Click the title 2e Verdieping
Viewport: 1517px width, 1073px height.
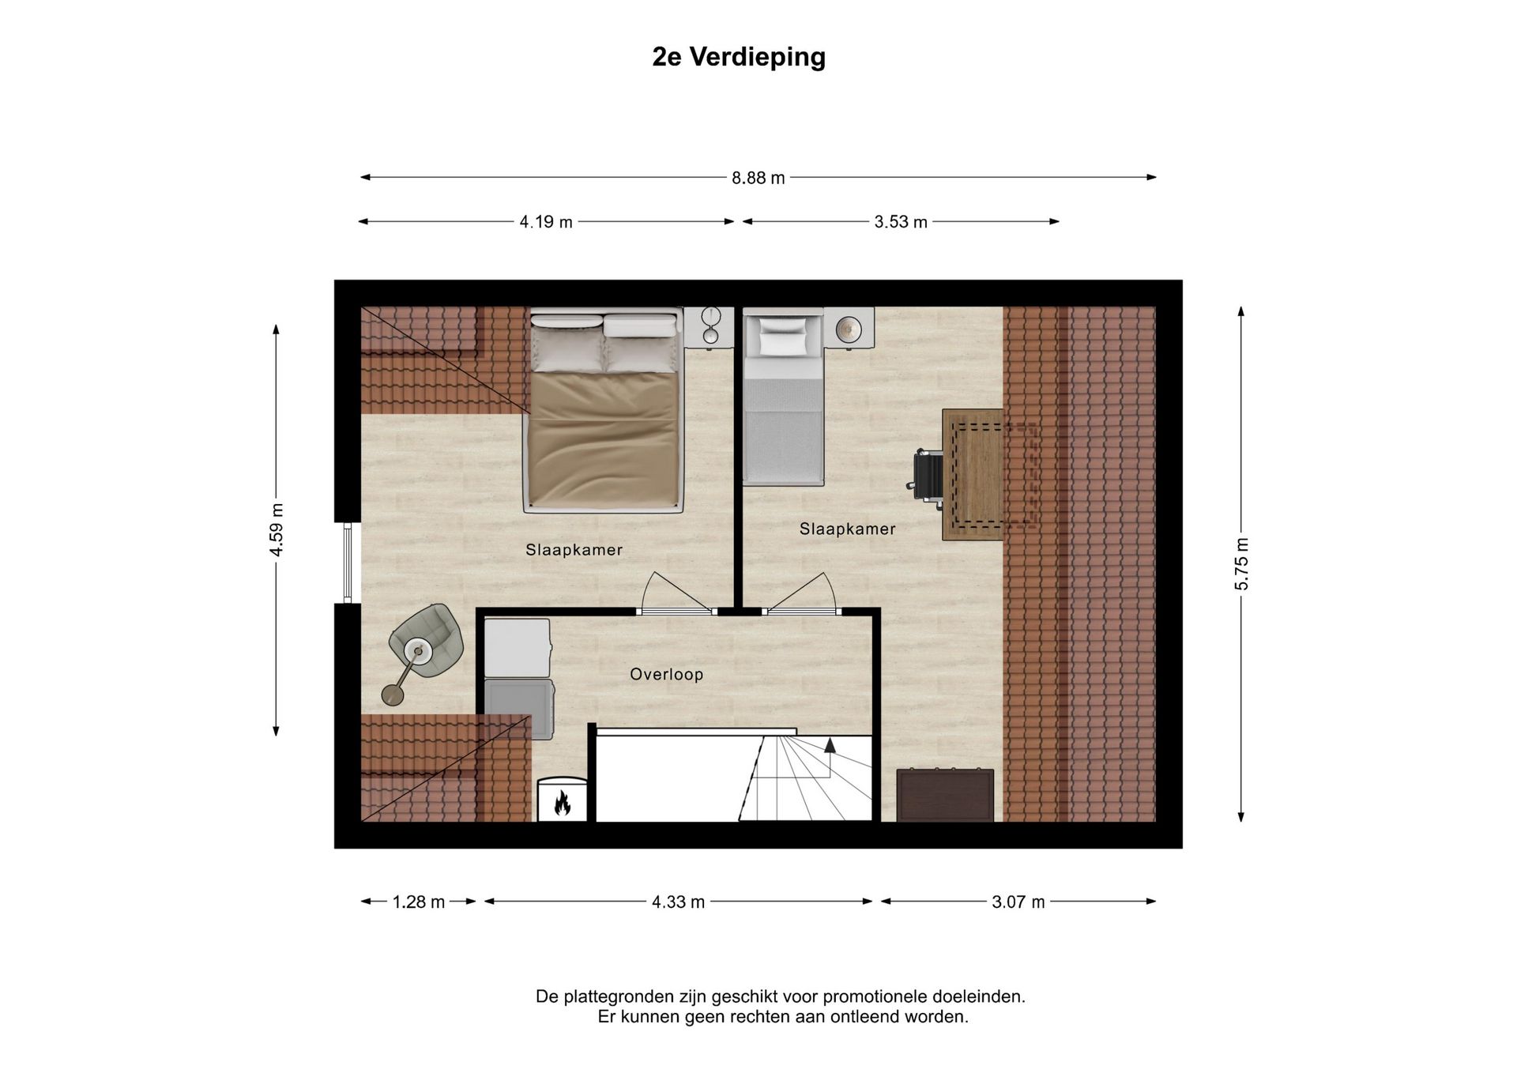coord(738,57)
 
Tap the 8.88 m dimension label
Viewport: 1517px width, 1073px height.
coord(758,179)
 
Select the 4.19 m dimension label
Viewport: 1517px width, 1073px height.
coord(546,222)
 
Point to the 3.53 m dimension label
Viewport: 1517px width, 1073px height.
coord(900,222)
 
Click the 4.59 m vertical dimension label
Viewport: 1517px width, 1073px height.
coord(277,529)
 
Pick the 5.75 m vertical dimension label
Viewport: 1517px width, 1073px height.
coord(1241,563)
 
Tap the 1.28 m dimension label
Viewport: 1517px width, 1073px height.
coord(419,902)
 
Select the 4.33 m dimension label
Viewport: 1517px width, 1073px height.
coord(678,902)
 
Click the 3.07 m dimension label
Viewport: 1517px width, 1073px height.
coord(1018,902)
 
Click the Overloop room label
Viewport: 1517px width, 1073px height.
coord(666,674)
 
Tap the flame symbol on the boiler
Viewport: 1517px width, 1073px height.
coord(563,803)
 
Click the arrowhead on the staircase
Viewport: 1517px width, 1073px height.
coord(830,745)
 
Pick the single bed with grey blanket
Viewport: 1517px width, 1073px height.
coord(783,411)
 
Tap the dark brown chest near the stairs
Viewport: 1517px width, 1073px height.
coord(945,795)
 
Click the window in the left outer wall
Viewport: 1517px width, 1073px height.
coord(348,563)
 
